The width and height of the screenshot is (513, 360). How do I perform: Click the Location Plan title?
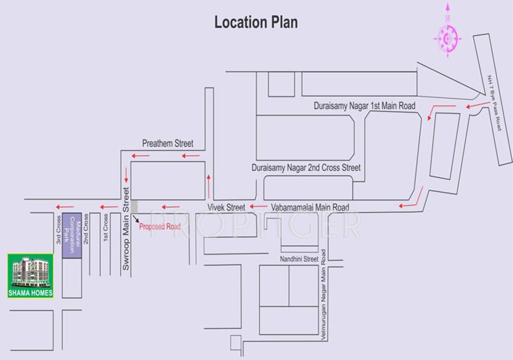click(x=256, y=22)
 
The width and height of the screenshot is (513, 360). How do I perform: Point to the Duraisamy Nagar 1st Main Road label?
click(x=364, y=106)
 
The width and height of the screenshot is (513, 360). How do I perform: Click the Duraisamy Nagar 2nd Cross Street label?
click(x=306, y=169)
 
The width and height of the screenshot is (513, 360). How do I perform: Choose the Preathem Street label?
click(x=168, y=144)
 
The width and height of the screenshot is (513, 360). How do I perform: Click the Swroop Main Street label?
click(x=127, y=227)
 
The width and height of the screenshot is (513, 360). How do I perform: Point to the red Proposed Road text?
click(x=160, y=227)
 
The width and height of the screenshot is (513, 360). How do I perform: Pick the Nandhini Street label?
click(x=298, y=259)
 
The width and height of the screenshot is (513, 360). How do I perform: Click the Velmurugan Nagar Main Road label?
click(x=323, y=293)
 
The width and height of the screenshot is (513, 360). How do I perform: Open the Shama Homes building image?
click(x=31, y=276)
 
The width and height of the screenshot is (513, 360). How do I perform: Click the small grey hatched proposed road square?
click(x=134, y=207)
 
